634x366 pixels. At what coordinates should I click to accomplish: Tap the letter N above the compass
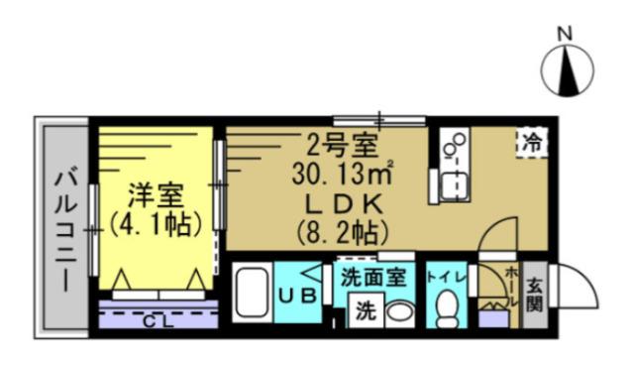pyautogui.click(x=566, y=32)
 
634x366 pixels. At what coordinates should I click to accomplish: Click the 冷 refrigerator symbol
pyautogui.click(x=532, y=142)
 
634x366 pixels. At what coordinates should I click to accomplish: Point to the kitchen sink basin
pyautogui.click(x=456, y=183)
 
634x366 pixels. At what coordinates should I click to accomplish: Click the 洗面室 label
pyautogui.click(x=372, y=279)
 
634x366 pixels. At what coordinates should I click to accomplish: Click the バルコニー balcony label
pyautogui.click(x=65, y=226)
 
